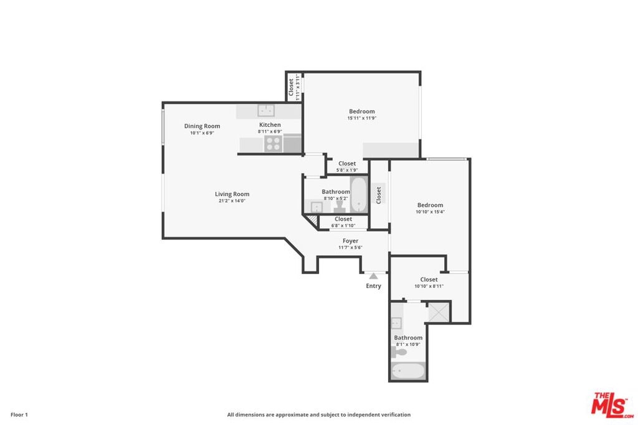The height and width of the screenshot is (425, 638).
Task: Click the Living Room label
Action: [232, 194]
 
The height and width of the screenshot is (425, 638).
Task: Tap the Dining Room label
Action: [202, 126]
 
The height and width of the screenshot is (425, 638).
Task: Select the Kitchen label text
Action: [270, 124]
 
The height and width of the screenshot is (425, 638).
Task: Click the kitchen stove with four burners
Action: [273, 143]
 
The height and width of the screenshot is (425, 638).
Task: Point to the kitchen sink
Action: [265, 110]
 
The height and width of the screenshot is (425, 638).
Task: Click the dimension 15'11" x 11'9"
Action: [362, 118]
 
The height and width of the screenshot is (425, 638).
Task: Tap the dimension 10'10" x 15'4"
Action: [430, 212]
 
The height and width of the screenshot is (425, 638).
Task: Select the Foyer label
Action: [350, 241]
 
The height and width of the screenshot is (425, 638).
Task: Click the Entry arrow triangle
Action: [374, 276]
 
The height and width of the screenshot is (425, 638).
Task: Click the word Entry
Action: [374, 286]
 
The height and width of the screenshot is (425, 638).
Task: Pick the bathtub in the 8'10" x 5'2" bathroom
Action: [359, 194]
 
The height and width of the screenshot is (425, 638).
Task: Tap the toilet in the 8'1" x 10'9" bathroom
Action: [398, 352]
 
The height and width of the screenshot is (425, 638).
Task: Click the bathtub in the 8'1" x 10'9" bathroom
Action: [409, 371]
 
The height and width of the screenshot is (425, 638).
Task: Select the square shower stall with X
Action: [438, 312]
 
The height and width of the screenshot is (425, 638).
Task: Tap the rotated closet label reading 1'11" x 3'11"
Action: [294, 87]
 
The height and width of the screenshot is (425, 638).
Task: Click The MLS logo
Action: [612, 405]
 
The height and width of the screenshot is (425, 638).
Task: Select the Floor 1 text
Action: [19, 415]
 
